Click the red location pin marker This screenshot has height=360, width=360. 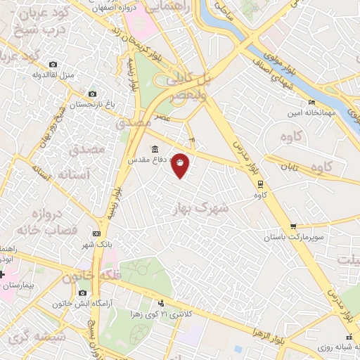click(x=181, y=165)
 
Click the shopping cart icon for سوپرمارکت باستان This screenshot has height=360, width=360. click(x=293, y=226)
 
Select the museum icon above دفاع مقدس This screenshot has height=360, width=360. click(x=155, y=149)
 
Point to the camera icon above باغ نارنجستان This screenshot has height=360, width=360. click(x=92, y=94)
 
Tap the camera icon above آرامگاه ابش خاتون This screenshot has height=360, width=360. click(x=83, y=292)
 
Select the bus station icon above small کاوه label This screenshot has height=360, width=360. click(x=261, y=184)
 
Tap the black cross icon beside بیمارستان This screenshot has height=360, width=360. click(x=2, y=274)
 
